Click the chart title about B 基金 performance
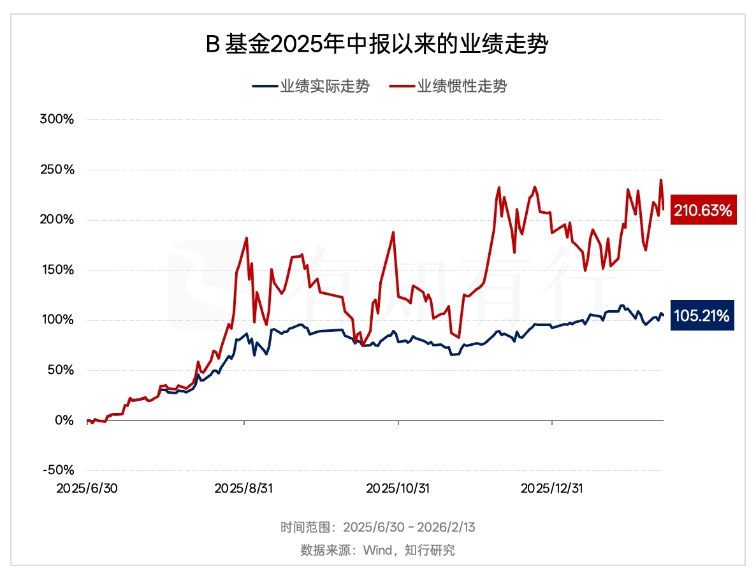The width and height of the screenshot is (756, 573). click(377, 45)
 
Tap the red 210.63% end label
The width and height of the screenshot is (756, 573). click(703, 209)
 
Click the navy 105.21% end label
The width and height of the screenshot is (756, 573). click(703, 315)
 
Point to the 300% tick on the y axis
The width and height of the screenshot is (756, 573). click(57, 120)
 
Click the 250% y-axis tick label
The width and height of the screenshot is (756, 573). click(57, 170)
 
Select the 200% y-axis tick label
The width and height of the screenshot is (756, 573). click(57, 220)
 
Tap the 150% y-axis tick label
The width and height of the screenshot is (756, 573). click(57, 270)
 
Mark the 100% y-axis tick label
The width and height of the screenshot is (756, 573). click(57, 320)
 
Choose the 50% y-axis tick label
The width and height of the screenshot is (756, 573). click(60, 370)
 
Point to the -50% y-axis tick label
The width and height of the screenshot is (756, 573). click(58, 470)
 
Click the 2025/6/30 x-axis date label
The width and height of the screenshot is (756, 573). click(86, 488)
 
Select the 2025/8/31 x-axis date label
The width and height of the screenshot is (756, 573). click(244, 488)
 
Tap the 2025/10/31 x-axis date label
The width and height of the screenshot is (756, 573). click(398, 488)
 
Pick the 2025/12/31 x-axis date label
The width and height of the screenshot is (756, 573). click(552, 488)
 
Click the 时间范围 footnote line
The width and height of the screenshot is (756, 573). click(377, 528)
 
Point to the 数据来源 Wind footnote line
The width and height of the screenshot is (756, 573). click(377, 550)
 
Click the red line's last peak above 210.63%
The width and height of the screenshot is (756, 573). click(661, 180)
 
